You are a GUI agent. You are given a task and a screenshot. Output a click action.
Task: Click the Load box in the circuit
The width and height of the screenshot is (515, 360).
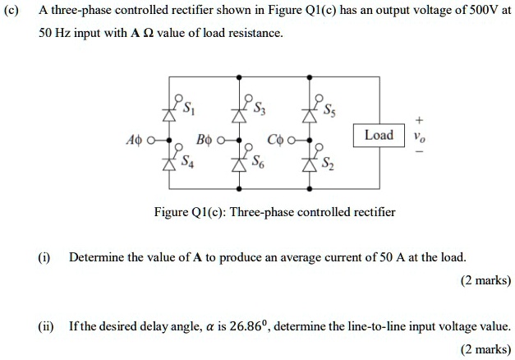click(x=379, y=135)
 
